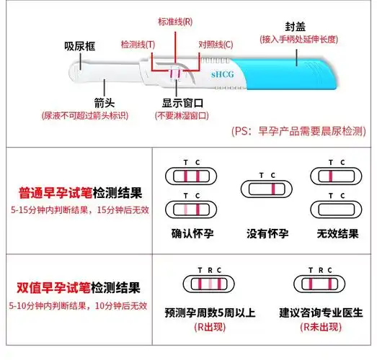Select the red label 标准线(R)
click(177, 21)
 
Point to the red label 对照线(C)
click(216, 45)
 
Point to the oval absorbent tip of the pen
click(78, 71)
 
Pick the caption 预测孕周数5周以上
click(210, 314)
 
